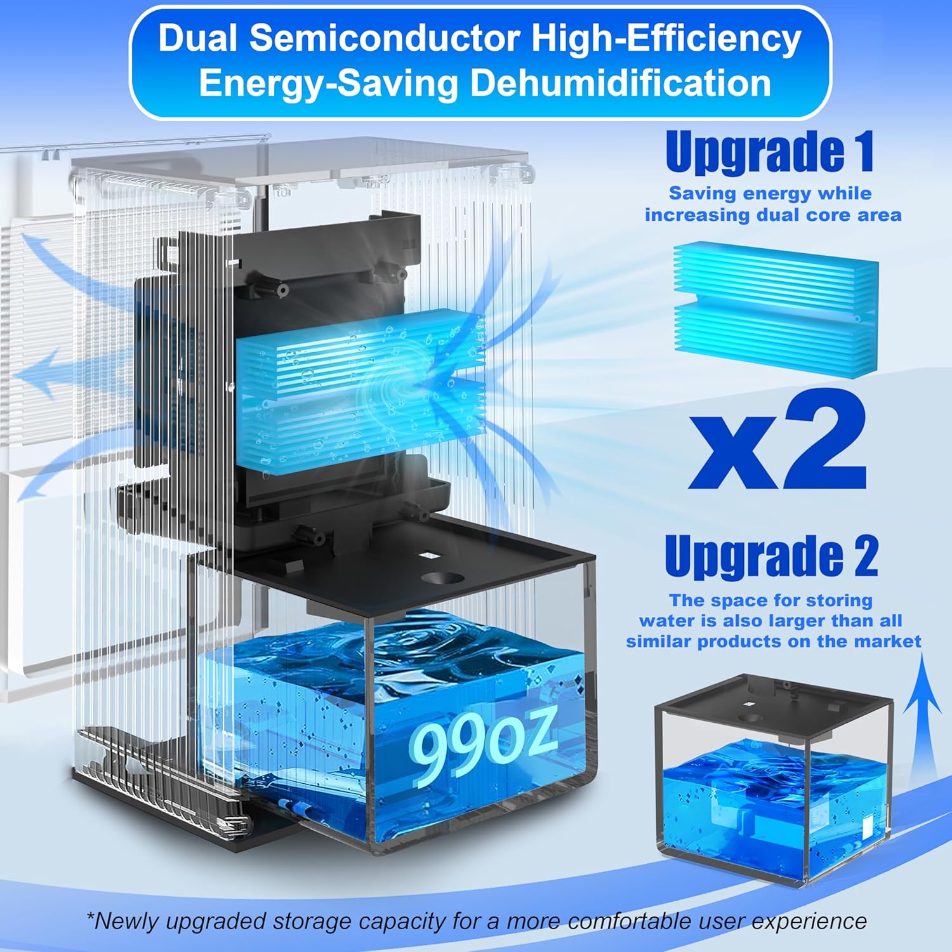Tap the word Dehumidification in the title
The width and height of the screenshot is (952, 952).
[x=620, y=83]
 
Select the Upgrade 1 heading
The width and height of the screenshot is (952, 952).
[x=770, y=151]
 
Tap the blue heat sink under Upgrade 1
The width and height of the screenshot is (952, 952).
[x=776, y=310]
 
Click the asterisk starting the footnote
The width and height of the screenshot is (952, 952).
[x=90, y=918]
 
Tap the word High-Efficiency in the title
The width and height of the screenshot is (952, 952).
[x=666, y=39]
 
